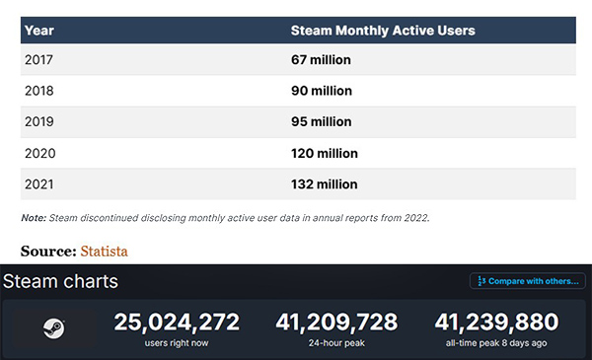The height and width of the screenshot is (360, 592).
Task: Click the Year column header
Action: (39, 31)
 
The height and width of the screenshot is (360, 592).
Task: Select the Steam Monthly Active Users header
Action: (383, 31)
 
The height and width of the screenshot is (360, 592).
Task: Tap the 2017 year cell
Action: (38, 59)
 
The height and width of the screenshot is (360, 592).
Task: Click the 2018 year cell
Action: (38, 91)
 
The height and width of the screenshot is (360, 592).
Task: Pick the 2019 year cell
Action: (38, 121)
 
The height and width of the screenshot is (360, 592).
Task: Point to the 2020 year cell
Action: (39, 153)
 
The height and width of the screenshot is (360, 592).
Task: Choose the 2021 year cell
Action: (38, 184)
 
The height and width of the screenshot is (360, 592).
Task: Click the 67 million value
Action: (321, 59)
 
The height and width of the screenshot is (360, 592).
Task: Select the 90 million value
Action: (322, 91)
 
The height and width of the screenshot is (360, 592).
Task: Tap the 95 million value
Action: (321, 121)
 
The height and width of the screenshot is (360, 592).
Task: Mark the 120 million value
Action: (324, 153)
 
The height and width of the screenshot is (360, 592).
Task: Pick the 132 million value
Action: (324, 184)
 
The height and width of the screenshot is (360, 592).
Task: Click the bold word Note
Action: (34, 218)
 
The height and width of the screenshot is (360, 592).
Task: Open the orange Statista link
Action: (104, 252)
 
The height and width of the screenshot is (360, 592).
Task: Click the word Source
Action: (48, 252)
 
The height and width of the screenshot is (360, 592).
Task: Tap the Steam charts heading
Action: (60, 281)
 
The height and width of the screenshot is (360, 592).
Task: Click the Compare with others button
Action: (528, 281)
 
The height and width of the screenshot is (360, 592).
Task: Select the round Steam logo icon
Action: (53, 328)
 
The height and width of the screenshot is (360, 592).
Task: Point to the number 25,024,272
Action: (177, 323)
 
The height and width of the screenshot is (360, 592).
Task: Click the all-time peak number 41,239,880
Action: (496, 323)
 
